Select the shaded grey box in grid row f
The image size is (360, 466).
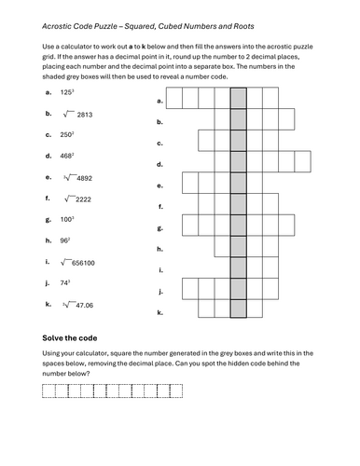click(x=238, y=202)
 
